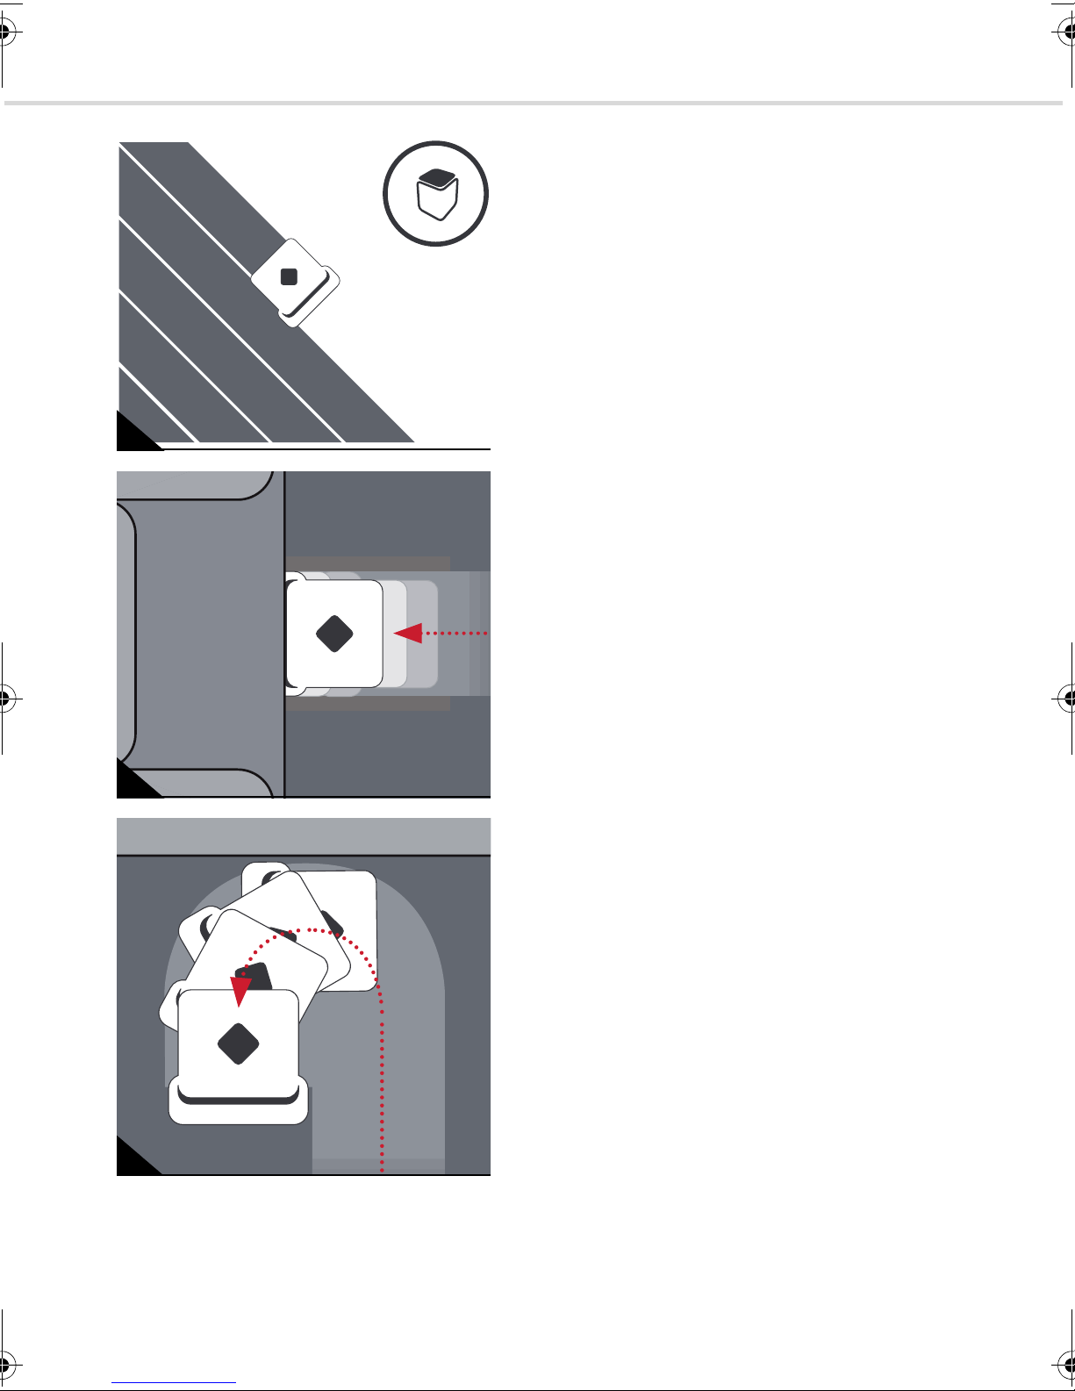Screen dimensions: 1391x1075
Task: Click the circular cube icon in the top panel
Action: click(435, 193)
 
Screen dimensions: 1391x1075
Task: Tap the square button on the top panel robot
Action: click(289, 277)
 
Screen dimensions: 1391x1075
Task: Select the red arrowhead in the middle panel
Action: click(408, 633)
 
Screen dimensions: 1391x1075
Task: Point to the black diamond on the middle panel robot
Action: click(334, 634)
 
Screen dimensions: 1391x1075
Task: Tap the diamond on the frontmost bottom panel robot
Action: click(239, 1043)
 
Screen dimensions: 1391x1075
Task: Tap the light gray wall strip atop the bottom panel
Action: click(303, 836)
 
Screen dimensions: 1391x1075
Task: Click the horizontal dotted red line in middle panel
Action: click(456, 633)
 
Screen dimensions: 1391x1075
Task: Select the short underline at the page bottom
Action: click(174, 1382)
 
